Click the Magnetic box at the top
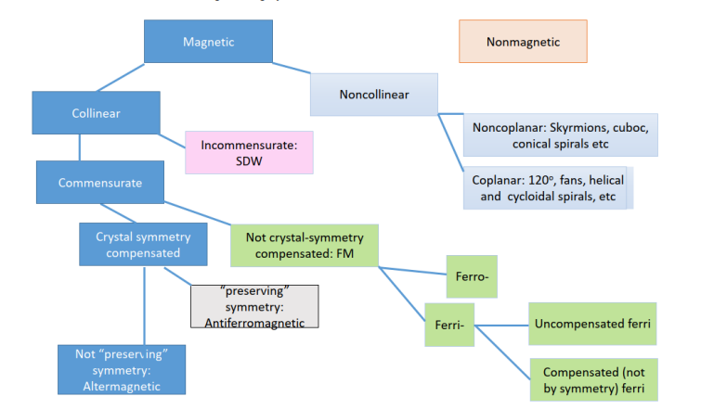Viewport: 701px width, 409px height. pyautogui.click(x=208, y=42)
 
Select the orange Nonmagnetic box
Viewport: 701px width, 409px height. pyautogui.click(x=523, y=42)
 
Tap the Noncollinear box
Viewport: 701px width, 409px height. pyautogui.click(x=373, y=95)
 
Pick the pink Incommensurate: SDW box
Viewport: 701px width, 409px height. pyautogui.click(x=250, y=152)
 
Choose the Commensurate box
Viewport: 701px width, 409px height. pyautogui.click(x=100, y=183)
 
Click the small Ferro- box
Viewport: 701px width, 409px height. pyautogui.click(x=472, y=277)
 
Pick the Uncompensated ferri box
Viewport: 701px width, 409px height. pyautogui.click(x=592, y=325)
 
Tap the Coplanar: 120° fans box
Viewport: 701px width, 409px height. pyautogui.click(x=548, y=188)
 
